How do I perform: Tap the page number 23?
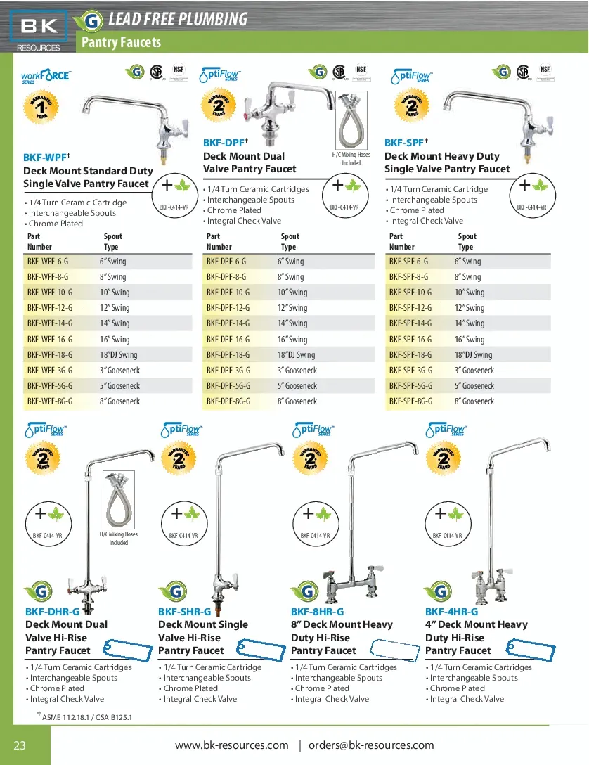20,745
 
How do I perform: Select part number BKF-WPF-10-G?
50,292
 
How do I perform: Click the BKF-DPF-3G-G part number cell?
228,371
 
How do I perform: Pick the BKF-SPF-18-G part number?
410,355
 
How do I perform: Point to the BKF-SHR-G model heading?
184,612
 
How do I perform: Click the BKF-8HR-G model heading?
317,612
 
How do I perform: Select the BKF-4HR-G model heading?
451,612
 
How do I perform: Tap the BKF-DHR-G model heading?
52,612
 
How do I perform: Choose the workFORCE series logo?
46,75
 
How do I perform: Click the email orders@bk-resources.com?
371,745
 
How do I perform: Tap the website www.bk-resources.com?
231,745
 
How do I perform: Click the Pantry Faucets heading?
122,42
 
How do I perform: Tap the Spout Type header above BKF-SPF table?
467,242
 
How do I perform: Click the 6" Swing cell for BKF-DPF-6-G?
290,262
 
